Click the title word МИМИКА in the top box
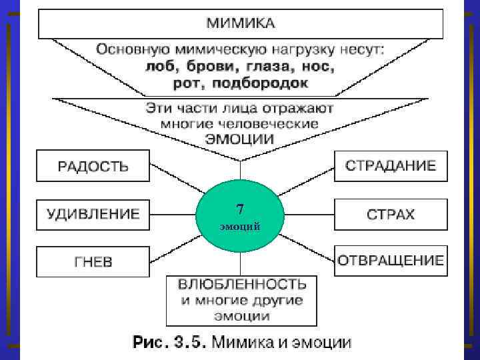pyautogui.click(x=240, y=23)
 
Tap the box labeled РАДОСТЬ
pyautogui.click(x=93, y=166)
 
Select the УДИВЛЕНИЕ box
pyautogui.click(x=93, y=214)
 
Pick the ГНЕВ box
pyautogui.click(x=93, y=261)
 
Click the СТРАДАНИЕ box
pyautogui.click(x=390, y=166)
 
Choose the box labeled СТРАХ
pyautogui.click(x=390, y=214)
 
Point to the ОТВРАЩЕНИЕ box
pyautogui.click(x=390, y=260)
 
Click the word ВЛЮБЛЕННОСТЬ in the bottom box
pyautogui.click(x=242, y=285)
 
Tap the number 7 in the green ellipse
pyautogui.click(x=240, y=209)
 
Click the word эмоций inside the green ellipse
pyautogui.click(x=240, y=227)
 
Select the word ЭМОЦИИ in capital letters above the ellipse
pyautogui.click(x=240, y=139)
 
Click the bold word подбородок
pyautogui.click(x=269, y=83)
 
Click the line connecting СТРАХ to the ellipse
pyautogui.click(x=309, y=214)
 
